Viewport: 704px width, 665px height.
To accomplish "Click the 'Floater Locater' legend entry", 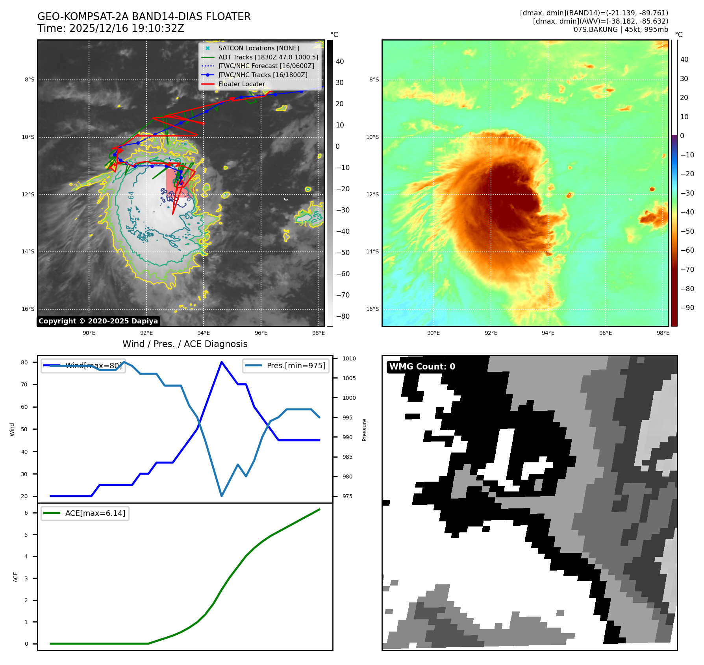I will tap(241, 84).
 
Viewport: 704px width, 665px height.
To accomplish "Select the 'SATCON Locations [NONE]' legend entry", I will tap(258, 48).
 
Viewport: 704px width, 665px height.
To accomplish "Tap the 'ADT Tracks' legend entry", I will tap(268, 57).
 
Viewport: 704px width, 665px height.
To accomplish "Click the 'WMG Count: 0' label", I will tap(422, 367).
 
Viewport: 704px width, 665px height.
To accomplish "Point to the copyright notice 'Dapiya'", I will tap(98, 321).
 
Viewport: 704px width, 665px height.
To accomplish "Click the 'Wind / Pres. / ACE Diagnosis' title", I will tap(185, 344).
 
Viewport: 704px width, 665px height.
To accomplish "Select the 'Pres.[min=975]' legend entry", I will tap(296, 366).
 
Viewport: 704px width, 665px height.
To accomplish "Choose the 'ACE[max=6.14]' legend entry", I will tap(95, 513).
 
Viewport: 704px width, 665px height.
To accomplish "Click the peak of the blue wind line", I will tap(222, 362).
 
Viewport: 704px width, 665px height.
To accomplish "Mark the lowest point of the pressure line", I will tap(222, 496).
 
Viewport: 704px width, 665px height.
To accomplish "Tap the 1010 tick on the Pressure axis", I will tap(349, 358).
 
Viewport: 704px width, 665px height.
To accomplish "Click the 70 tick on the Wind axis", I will tap(24, 384).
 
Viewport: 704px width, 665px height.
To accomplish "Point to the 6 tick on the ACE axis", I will tap(26, 513).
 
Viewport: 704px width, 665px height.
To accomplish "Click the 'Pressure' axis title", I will tap(364, 430).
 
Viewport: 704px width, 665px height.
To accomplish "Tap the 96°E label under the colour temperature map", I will tap(605, 333).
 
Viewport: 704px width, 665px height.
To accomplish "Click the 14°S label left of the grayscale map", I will tap(28, 251).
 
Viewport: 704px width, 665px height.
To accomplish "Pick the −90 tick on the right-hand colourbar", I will tap(687, 308).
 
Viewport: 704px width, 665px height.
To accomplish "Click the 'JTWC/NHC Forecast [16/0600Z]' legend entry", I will tap(266, 66).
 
